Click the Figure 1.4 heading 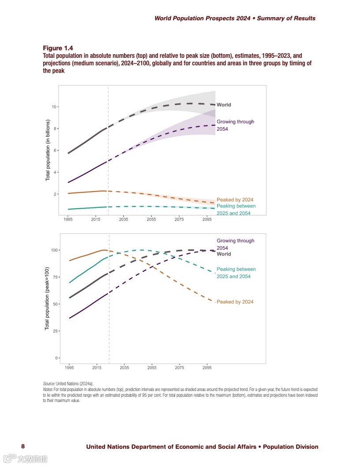tap(58, 48)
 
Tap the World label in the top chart tap(224, 105)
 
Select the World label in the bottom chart tap(224, 254)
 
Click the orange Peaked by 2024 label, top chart tap(235, 200)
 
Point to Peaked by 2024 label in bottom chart tap(235, 302)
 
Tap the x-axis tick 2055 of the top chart tap(151, 219)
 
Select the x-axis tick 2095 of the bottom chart tap(207, 367)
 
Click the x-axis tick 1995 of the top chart tap(68, 219)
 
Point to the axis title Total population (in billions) tap(48, 150)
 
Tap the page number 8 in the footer tap(23, 447)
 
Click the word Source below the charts tap(49, 384)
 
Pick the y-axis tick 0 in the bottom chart tap(56, 358)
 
